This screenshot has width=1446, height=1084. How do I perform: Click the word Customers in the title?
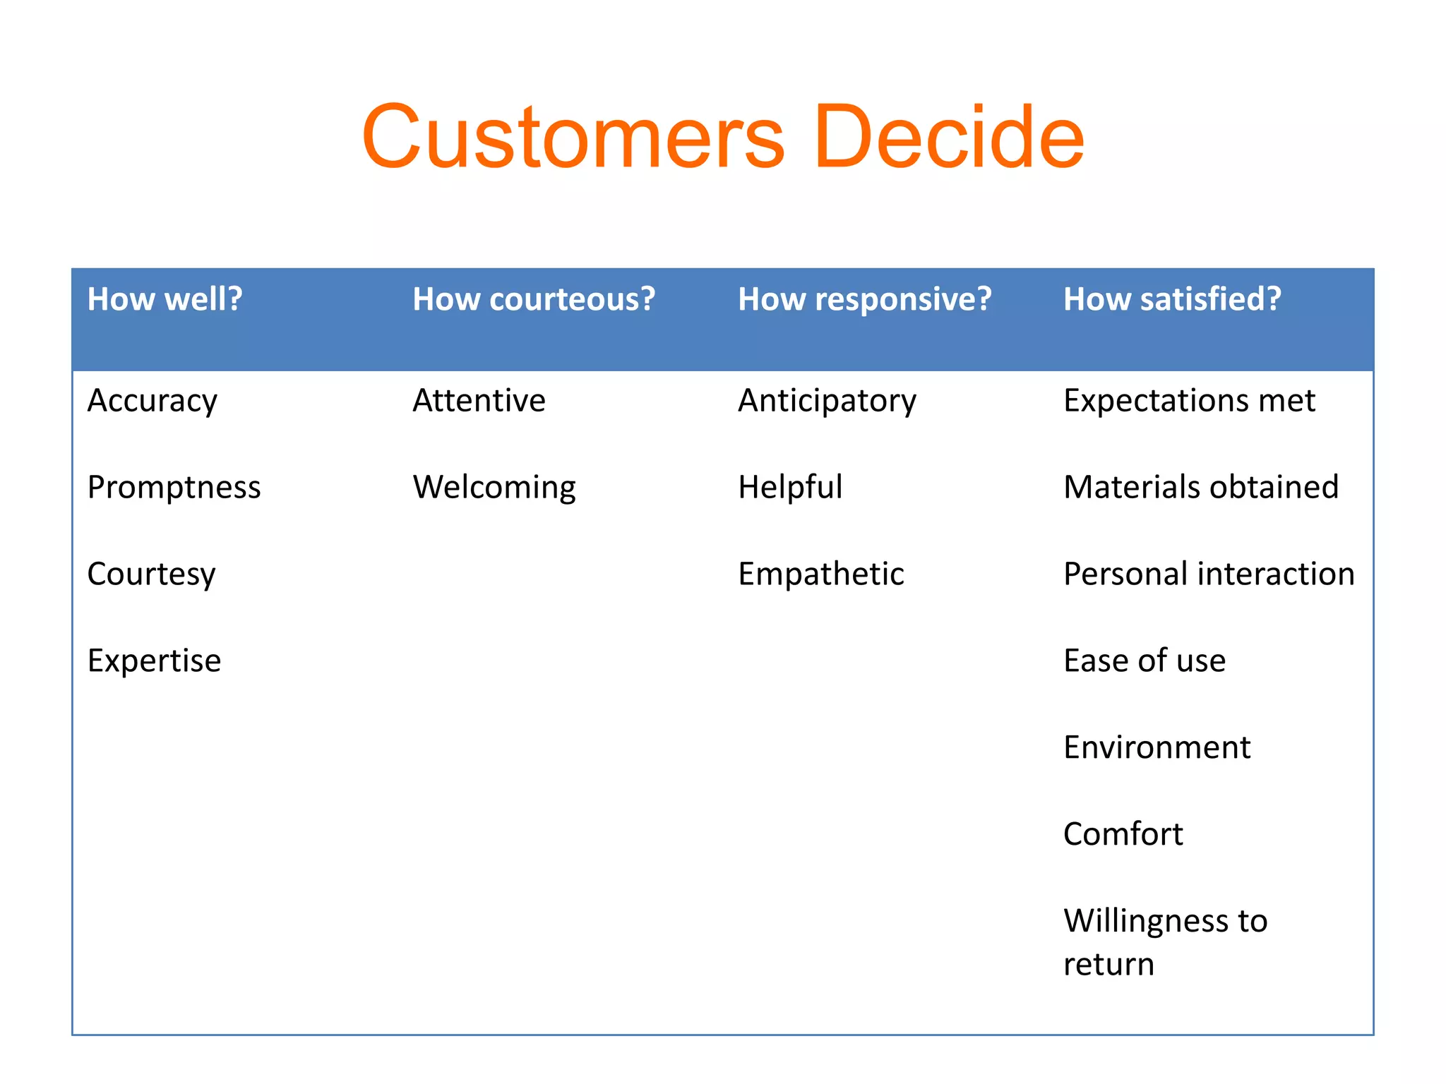click(573, 137)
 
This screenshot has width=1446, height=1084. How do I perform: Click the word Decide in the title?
click(948, 137)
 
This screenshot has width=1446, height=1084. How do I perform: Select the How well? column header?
click(165, 299)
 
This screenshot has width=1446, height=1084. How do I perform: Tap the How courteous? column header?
click(534, 299)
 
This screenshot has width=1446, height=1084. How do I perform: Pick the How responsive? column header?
click(864, 299)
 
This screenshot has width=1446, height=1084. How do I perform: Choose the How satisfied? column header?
click(1172, 299)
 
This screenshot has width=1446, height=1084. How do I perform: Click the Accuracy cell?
click(153, 401)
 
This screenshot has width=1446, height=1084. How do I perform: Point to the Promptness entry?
click(174, 487)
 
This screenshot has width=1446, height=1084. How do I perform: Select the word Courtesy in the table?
click(151, 574)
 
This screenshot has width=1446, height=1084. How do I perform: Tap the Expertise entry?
click(154, 661)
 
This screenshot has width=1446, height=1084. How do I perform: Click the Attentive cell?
click(479, 401)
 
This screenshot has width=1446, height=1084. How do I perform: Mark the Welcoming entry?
click(494, 488)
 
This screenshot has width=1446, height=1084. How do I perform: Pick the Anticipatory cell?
click(827, 402)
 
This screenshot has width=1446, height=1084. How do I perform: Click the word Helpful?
click(790, 487)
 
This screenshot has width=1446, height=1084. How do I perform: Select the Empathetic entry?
click(820, 574)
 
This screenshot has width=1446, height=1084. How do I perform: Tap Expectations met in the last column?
click(1189, 401)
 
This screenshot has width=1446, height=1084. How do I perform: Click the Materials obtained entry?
click(1200, 487)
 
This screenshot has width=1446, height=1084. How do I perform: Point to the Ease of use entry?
click(1144, 661)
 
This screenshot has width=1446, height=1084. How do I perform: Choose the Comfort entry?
click(1123, 834)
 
